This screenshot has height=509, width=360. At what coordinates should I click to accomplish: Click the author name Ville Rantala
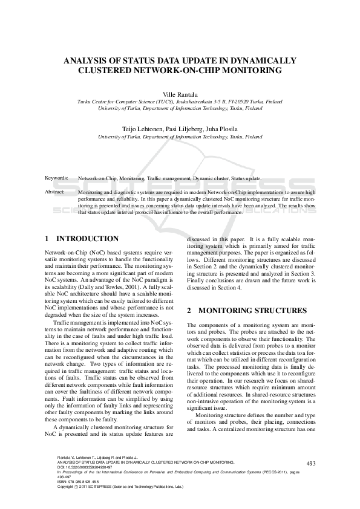tap(180, 95)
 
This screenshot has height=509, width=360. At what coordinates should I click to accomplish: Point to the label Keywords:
tap(57, 180)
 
